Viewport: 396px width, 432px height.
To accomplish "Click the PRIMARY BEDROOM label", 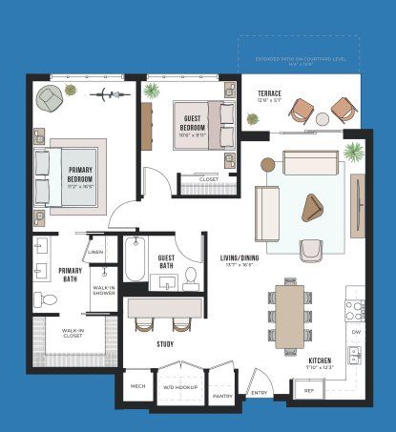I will [x=79, y=177].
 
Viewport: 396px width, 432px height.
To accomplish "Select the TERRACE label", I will [x=268, y=93].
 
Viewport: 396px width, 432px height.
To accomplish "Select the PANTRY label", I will [x=222, y=395].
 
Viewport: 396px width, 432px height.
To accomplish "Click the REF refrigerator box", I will [x=308, y=391].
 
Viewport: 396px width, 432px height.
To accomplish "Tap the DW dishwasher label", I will [x=355, y=332].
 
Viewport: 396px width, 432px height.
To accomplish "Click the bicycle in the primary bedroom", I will [x=107, y=95].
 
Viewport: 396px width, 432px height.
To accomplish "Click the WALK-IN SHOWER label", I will [x=104, y=291].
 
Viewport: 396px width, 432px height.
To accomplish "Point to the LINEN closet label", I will [x=96, y=252].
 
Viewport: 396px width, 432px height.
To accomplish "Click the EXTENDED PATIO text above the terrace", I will [x=298, y=59].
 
